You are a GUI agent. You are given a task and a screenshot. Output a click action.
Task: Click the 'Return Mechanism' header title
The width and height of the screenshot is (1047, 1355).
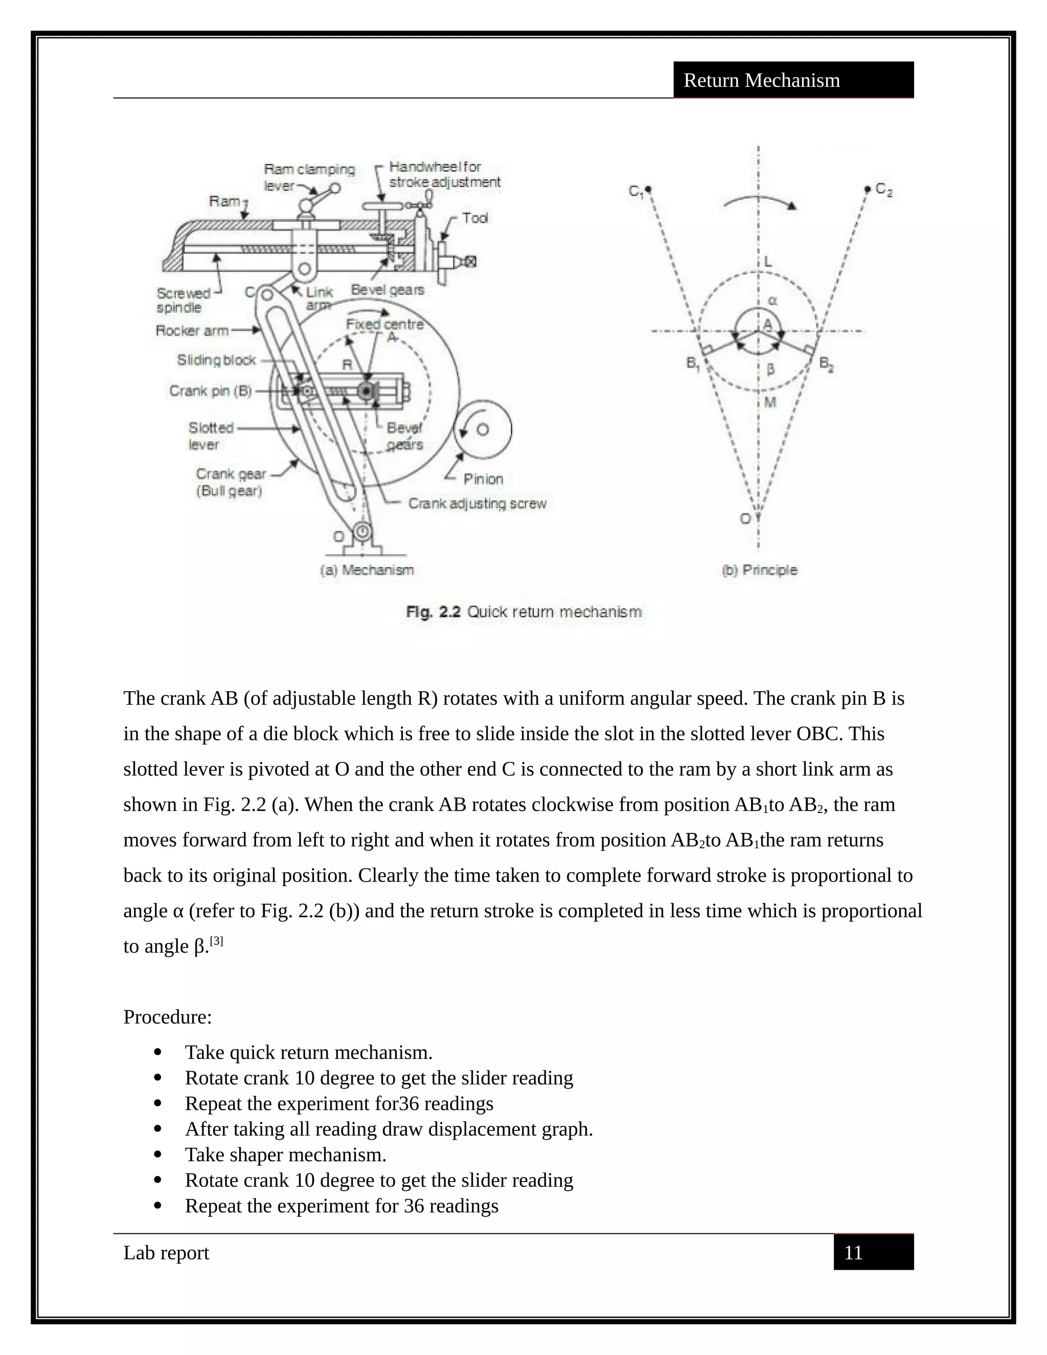click(x=761, y=80)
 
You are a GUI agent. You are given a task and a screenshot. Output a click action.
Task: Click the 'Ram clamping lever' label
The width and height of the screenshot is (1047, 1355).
click(x=308, y=177)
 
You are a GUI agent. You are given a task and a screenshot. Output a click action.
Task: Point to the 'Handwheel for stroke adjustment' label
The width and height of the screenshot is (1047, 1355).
click(x=444, y=174)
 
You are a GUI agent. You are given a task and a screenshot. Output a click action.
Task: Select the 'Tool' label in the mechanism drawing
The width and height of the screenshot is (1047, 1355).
click(x=474, y=218)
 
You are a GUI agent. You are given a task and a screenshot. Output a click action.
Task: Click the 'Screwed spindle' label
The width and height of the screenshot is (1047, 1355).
click(x=183, y=300)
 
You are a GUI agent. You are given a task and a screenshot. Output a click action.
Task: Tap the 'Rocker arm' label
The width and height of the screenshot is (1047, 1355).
click(x=192, y=331)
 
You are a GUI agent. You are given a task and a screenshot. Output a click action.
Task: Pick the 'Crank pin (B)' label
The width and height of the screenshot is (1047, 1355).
click(x=210, y=391)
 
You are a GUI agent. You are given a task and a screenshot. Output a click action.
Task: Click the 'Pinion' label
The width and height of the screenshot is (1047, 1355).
click(x=483, y=479)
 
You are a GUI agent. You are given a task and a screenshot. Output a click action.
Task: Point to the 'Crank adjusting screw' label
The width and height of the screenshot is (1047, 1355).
click(x=477, y=503)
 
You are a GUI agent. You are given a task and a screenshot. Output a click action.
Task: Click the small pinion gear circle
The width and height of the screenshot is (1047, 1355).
click(x=483, y=430)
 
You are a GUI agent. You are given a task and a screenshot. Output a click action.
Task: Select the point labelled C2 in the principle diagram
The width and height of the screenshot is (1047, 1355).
click(x=868, y=189)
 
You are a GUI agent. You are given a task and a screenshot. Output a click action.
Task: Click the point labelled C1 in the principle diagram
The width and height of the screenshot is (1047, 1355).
click(x=648, y=188)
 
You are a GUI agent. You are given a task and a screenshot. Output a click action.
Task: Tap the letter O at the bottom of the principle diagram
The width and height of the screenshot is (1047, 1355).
click(x=745, y=518)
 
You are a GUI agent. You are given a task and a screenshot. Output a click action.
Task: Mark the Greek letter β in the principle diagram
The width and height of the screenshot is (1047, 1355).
click(x=770, y=370)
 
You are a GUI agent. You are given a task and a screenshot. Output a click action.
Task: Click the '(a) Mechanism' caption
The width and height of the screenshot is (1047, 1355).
click(x=367, y=570)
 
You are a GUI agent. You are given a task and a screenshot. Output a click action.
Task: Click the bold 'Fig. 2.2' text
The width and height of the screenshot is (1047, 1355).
click(x=433, y=612)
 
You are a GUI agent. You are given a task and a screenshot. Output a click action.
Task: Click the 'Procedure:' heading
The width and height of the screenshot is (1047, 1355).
click(x=168, y=1017)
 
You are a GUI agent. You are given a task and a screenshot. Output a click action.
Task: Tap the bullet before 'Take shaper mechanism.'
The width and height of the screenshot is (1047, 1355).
click(x=157, y=1155)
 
